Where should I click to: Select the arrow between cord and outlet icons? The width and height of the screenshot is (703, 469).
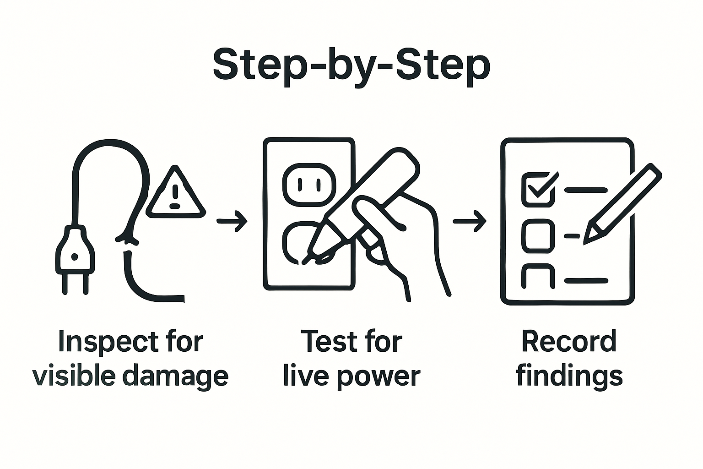click(x=232, y=221)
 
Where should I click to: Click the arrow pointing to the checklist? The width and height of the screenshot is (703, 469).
click(x=469, y=221)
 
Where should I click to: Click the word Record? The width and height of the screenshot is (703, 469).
click(x=569, y=342)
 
